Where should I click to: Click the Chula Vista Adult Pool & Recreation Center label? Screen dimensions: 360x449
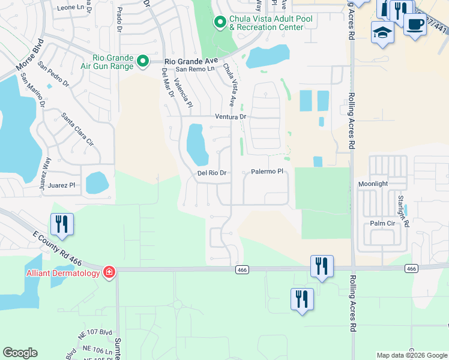coord(267,23)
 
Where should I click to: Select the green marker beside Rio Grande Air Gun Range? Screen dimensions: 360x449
coord(143,61)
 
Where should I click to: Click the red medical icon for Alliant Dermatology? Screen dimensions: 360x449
coord(109,273)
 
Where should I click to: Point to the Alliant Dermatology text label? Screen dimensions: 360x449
coord(63,274)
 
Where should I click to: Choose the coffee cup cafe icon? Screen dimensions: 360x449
coord(414,24)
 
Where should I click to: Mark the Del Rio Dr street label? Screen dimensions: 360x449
coord(211,173)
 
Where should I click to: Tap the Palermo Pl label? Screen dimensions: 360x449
coord(267,172)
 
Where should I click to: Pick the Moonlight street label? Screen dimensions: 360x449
coord(374,184)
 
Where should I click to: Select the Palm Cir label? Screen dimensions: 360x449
coord(382,223)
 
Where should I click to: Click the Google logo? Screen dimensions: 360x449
coord(20,353)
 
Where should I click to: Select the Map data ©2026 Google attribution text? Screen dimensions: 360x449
coord(411,355)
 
